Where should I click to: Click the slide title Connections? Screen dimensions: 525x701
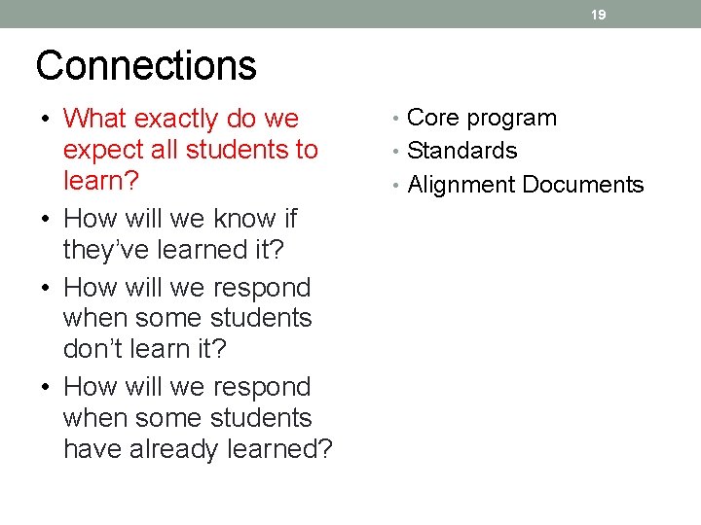pos(146,66)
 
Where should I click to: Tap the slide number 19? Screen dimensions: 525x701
pos(599,15)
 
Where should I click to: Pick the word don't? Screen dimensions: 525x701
pos(94,349)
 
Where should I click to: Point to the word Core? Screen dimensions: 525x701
pos(433,119)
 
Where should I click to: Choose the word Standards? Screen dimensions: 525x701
pos(462,151)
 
